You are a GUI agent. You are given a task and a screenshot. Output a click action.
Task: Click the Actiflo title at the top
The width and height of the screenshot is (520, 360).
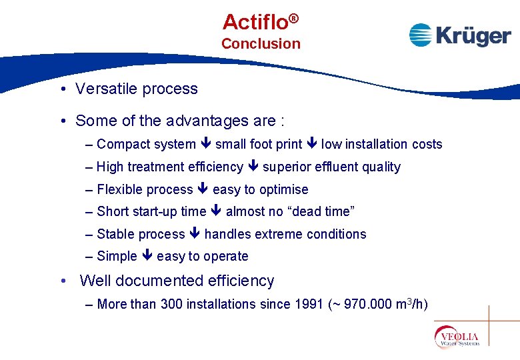tap(260, 21)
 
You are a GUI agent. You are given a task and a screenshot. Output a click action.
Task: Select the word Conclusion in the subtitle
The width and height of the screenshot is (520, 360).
tap(261, 44)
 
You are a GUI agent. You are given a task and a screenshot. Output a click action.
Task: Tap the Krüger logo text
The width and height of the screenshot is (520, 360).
tap(473, 35)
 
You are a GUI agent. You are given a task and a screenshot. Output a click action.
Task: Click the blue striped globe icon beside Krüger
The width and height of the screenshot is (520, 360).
tap(421, 35)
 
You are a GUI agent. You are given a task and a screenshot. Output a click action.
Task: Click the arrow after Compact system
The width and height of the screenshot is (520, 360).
tap(205, 144)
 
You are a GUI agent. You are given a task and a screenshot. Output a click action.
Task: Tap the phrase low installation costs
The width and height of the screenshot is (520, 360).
tap(381, 144)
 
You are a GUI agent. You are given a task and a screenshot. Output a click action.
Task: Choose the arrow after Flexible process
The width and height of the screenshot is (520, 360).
tap(203, 189)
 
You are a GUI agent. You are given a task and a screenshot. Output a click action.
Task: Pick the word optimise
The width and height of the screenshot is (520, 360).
tap(285, 189)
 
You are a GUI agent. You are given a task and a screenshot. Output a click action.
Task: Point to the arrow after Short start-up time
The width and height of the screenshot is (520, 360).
tap(216, 211)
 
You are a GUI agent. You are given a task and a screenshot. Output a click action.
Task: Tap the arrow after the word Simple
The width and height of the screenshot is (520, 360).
tap(147, 256)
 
